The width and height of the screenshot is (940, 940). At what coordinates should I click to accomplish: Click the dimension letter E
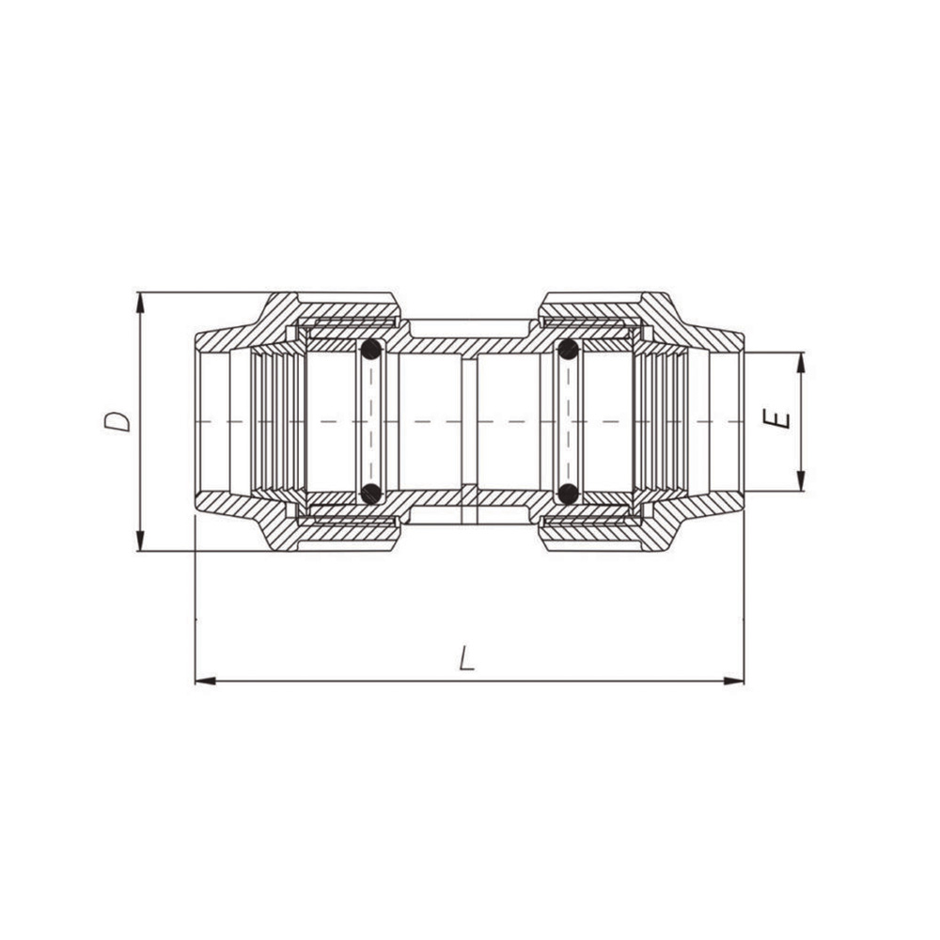pos(777,418)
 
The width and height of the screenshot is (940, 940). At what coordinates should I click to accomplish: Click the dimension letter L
pos(467,658)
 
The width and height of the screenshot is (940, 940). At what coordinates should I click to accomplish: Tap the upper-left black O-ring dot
pos(371,349)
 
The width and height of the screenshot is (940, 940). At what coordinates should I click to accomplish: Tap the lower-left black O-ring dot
pos(371,493)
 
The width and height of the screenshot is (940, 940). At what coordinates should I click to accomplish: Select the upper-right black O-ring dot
pos(568,349)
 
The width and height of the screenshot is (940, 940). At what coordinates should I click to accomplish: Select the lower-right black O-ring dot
pos(568,493)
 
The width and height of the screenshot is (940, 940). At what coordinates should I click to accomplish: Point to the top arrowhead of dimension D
pos(140,303)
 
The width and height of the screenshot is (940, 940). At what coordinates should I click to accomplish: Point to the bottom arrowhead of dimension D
pos(140,540)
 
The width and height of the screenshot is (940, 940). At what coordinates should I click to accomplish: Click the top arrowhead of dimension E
pos(801,363)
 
